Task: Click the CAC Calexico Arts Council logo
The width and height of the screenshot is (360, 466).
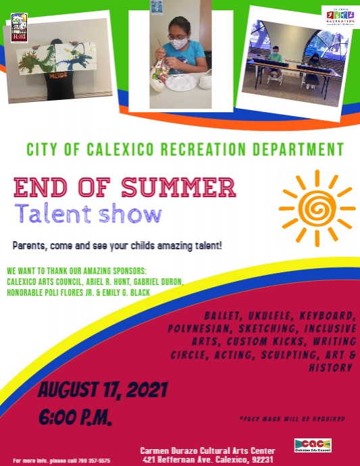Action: click(x=313, y=446)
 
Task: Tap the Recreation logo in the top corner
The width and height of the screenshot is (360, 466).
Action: click(x=340, y=17)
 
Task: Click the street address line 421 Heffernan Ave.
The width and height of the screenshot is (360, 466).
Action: click(x=207, y=459)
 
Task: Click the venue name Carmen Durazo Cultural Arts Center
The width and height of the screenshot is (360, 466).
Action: click(x=207, y=450)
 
